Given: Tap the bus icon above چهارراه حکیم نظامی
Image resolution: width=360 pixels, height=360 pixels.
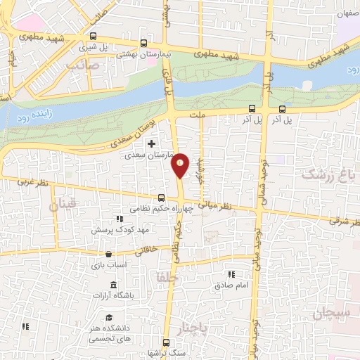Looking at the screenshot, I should click(x=162, y=198).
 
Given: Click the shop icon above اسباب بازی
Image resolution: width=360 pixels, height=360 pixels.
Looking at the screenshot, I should click(x=108, y=255).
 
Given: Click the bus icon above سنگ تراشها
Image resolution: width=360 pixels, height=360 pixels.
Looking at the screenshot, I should click(x=166, y=342).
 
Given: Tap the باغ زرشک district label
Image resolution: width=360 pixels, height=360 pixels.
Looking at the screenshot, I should click(x=330, y=174).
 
